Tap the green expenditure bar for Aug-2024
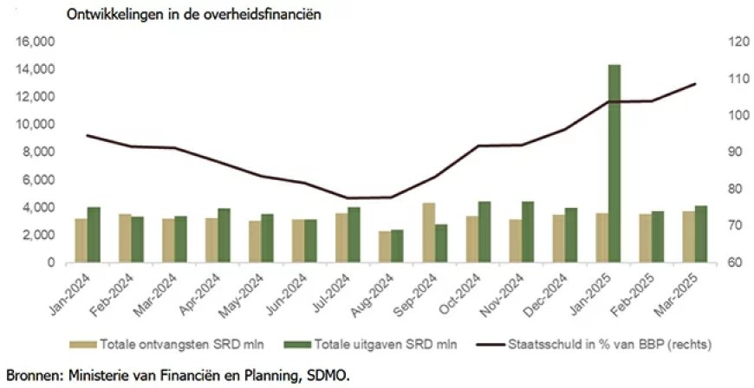tap(397, 246)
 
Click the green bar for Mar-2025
tap(700, 234)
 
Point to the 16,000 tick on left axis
tap(38, 42)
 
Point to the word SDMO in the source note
tap(327, 375)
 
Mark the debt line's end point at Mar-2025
tap(696, 84)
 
